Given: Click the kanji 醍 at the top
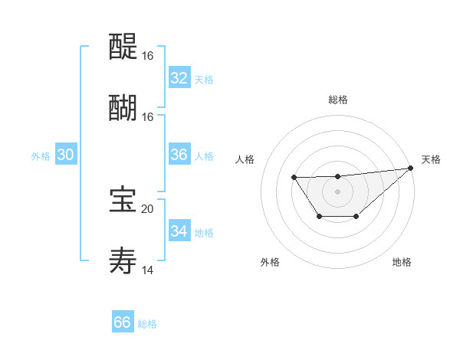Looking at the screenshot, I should pos(123,46).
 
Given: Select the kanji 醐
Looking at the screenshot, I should pos(123,106).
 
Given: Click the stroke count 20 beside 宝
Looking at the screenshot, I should pos(147,208).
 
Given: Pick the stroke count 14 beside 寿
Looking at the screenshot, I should pos(147,270).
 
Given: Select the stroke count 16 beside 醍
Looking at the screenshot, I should pos(147,56).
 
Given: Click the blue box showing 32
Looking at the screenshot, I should pos(179,78).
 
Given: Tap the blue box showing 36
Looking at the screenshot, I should pos(179,155).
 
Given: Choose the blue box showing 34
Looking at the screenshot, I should pos(179,231).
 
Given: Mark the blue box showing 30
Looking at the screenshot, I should pos(65,155).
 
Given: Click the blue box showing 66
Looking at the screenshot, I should pos(122,322).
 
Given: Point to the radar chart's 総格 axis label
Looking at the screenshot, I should pos(337,100).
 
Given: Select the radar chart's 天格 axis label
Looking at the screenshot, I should pos(431,159).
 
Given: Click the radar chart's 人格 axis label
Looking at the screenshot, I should pos(245,159).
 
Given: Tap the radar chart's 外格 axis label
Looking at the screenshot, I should pos(270,262).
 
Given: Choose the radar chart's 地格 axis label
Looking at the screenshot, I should pos(402,262).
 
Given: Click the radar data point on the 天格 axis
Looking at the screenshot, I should pos(411,168).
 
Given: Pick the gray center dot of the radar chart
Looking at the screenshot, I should pos(337,191).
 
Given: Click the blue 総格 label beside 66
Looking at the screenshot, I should pos(147,324).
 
